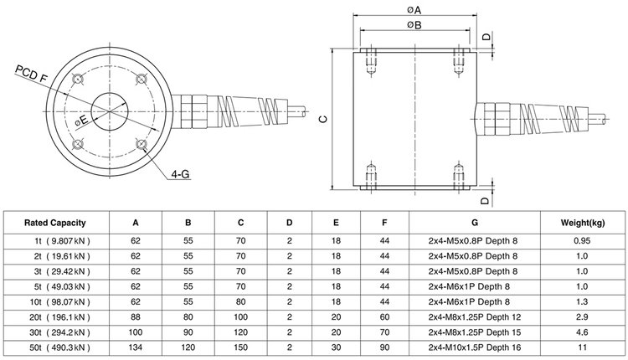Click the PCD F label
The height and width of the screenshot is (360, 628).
pos(31,74)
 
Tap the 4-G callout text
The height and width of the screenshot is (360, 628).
pos(180,174)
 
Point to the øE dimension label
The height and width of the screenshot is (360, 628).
pos(81,121)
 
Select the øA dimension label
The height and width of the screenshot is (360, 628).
pos(414,9)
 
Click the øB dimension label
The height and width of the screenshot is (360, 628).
pos(414,25)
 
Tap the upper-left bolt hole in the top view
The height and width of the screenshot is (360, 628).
pos(77,79)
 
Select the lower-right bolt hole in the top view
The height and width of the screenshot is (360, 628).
pos(142,144)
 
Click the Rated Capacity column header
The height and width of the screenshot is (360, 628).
pos(55,223)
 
